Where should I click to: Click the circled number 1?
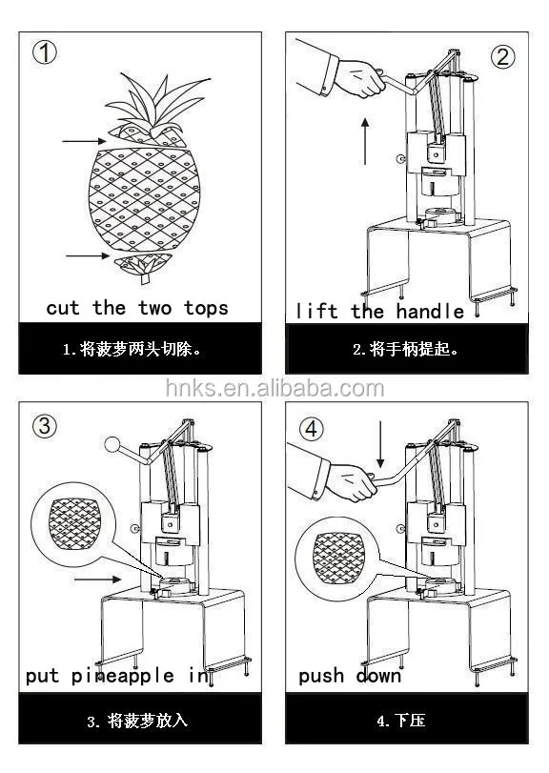point(45,53)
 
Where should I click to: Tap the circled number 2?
point(502,55)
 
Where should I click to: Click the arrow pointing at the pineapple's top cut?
point(82,142)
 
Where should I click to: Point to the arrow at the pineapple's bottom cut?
point(87,255)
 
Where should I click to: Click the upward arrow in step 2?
point(364,141)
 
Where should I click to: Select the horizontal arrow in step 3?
point(97,578)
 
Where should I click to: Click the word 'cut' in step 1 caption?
point(64,308)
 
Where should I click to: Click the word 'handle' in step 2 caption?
point(429,311)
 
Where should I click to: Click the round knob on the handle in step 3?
point(112,443)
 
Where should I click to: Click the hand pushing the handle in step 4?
point(348,482)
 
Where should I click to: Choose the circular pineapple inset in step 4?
point(334,557)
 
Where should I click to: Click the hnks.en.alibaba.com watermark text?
point(274,388)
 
